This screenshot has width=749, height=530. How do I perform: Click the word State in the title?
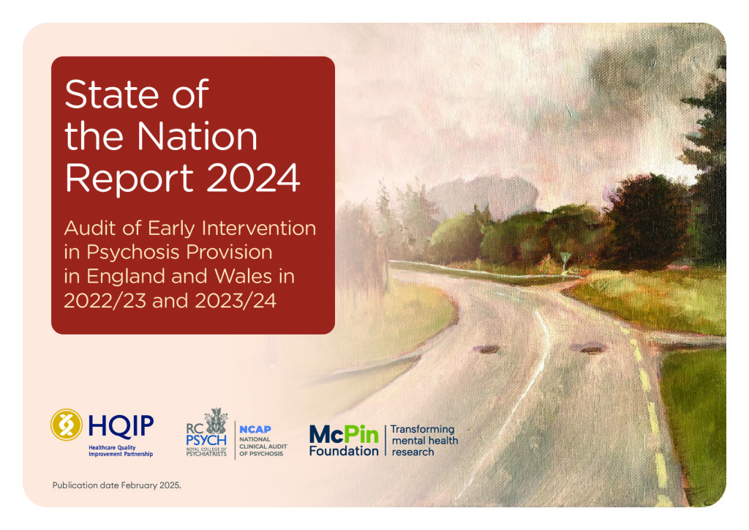111,94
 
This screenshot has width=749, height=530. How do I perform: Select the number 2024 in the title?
252,178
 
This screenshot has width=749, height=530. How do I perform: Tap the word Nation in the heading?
197,136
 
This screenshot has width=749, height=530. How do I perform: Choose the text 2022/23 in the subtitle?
105,301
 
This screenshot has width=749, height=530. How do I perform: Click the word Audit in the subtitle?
90,228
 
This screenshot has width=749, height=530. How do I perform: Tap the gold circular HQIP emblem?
67,425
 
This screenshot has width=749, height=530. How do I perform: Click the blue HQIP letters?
121,426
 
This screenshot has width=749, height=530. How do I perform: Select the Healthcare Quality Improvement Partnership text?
121,451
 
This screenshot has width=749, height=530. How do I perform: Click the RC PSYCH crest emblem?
216,421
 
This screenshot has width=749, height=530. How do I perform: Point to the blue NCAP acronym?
255,429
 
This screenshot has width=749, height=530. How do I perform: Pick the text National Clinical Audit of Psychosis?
263,447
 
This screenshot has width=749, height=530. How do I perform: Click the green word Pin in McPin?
361,434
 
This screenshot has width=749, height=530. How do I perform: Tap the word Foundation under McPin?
344,451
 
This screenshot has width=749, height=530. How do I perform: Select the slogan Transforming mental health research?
424,440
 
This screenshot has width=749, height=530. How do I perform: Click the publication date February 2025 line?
116,485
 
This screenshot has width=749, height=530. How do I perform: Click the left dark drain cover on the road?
488,350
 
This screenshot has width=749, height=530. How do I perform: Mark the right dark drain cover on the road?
591,349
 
